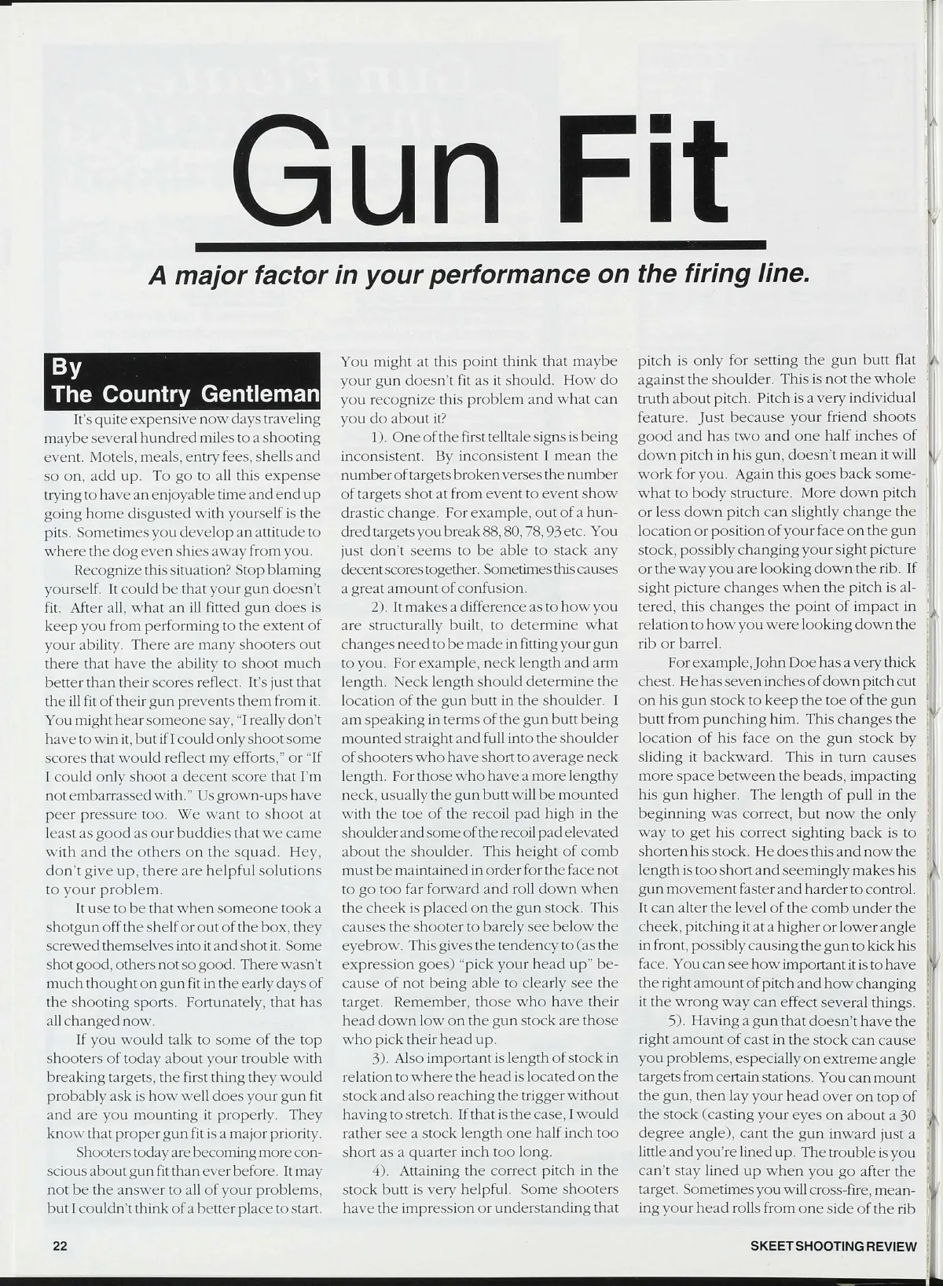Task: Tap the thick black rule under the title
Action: pos(480,246)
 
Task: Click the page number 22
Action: pos(61,1246)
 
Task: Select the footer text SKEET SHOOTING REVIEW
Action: pos(834,1246)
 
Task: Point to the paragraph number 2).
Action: pos(381,606)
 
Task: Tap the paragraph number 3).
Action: pos(381,1057)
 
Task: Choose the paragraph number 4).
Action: pos(381,1171)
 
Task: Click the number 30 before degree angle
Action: pos(907,1115)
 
